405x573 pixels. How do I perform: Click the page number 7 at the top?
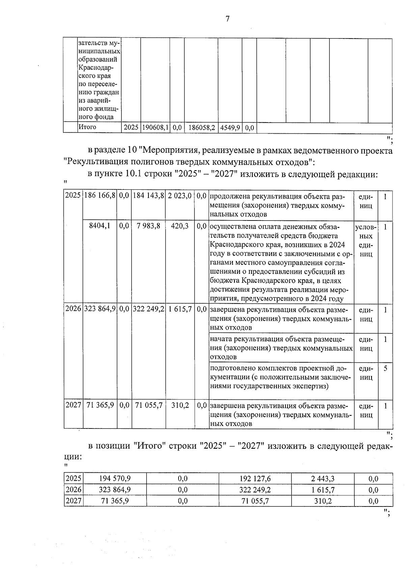pyautogui.click(x=227, y=19)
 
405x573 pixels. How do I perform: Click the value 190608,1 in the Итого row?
pyautogui.click(x=155, y=128)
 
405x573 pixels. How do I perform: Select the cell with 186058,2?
pyautogui.click(x=201, y=128)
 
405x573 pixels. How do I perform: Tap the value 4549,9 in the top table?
pyautogui.click(x=230, y=128)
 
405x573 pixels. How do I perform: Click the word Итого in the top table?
pyautogui.click(x=87, y=127)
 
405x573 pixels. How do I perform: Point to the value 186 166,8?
pyautogui.click(x=100, y=196)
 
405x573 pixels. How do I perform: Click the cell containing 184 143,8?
pyautogui.click(x=148, y=196)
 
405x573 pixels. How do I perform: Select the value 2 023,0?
pyautogui.click(x=180, y=196)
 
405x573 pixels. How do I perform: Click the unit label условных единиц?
pyautogui.click(x=366, y=240)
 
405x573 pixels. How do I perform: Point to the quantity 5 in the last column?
pyautogui.click(x=385, y=368)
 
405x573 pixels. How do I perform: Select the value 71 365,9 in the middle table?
pyautogui.click(x=100, y=405)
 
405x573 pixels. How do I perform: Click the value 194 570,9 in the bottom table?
pyautogui.click(x=115, y=478)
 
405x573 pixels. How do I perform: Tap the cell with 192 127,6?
pyautogui.click(x=255, y=478)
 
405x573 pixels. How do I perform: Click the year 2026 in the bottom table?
pyautogui.click(x=73, y=490)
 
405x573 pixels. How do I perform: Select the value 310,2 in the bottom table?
pyautogui.click(x=323, y=501)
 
